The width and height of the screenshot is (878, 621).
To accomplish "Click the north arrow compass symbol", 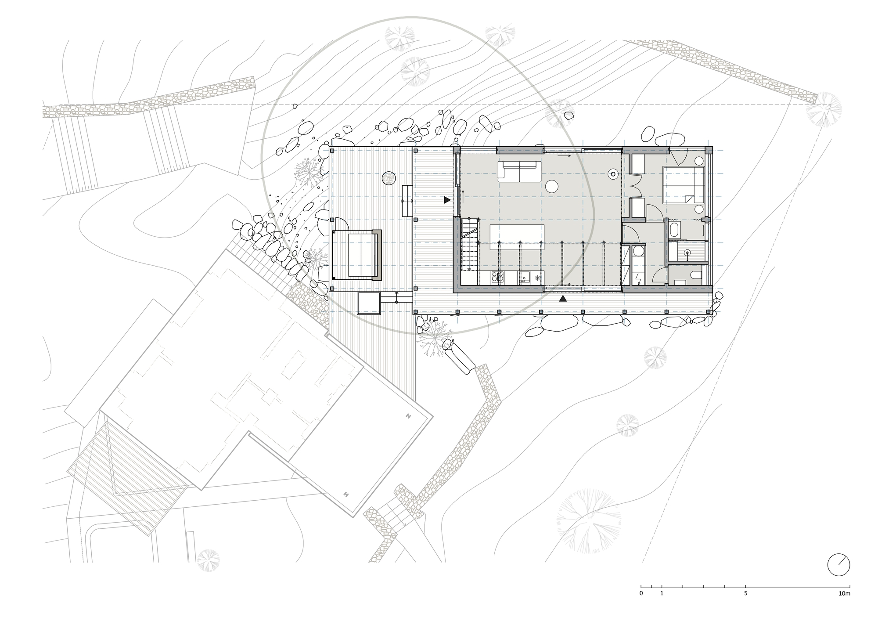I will coord(838,565).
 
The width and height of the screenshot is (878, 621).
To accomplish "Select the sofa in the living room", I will coord(519,171).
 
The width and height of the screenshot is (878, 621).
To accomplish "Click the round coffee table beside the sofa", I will coord(551,187).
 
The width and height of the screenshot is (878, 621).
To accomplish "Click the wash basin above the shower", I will coord(675,230).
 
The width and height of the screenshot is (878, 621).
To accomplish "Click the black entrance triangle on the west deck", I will coord(447,200).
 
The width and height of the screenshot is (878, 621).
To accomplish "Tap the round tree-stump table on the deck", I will coord(389,178).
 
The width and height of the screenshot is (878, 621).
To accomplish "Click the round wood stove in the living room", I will coord(612,174).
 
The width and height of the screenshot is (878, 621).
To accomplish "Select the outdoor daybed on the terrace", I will coord(356,254).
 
